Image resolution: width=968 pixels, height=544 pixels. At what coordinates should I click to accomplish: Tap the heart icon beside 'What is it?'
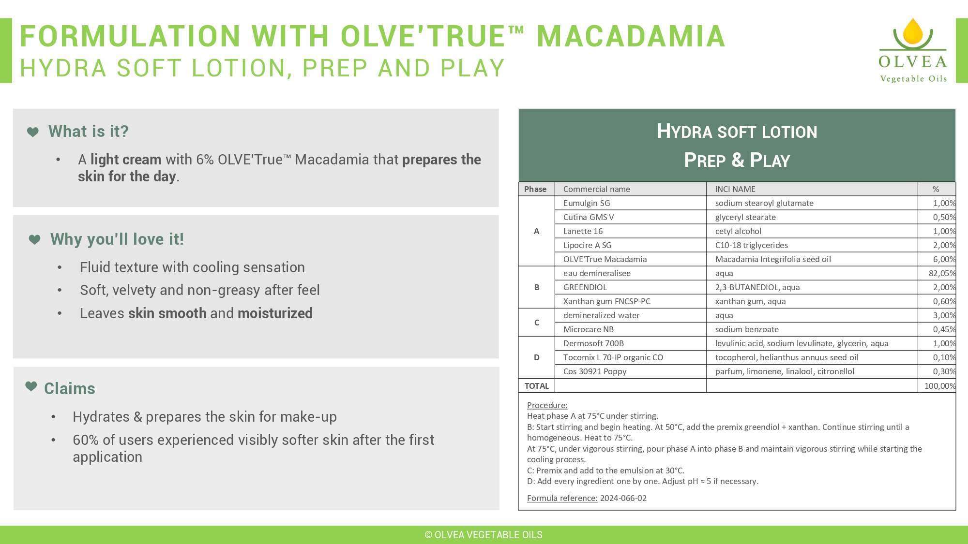33,132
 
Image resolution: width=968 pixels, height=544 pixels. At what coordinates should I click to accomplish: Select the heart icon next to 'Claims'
31,386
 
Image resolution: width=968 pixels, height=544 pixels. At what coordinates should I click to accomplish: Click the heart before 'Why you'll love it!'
34,239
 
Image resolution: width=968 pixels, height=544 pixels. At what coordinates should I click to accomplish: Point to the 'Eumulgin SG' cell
587,203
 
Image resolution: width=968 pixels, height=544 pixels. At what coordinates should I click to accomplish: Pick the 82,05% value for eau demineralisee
942,273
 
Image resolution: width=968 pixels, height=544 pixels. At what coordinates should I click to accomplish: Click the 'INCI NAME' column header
735,189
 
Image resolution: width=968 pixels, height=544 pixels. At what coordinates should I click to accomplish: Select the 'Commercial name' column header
597,189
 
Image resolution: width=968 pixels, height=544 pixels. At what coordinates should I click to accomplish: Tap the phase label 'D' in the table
537,357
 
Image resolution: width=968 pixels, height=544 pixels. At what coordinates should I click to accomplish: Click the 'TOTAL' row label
537,386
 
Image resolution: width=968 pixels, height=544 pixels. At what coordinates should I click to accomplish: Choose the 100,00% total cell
940,386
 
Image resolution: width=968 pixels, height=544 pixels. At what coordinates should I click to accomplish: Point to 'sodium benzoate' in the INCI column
747,329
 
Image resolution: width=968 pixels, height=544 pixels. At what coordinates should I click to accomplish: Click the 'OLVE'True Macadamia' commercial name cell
605,259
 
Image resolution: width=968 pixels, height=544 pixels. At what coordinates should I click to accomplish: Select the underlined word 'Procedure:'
547,405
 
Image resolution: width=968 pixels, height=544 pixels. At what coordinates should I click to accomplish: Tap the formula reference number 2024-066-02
623,498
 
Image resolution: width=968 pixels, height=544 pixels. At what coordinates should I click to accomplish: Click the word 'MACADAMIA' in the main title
631,36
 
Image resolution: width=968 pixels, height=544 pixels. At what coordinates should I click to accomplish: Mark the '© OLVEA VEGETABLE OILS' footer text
484,535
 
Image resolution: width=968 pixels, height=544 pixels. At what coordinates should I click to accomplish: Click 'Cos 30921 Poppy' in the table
595,371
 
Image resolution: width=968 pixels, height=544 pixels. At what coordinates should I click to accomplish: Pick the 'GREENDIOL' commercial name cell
585,287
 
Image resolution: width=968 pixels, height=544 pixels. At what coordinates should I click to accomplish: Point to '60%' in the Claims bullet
86,440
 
